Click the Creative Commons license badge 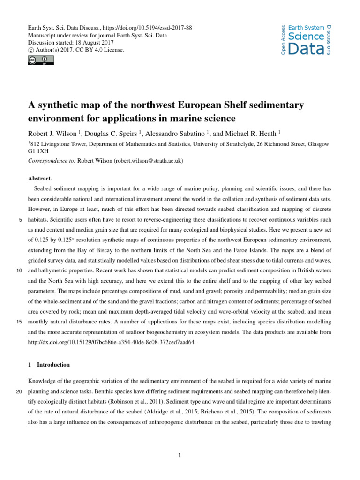pos(41,60)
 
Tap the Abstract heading pos(40,179)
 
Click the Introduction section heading pos(53,365)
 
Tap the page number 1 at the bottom pos(180,454)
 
